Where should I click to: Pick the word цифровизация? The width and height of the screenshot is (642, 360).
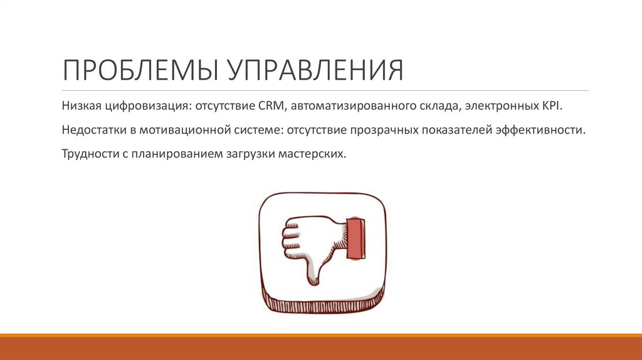click(145, 107)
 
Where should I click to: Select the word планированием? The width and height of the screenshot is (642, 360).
click(172, 153)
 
